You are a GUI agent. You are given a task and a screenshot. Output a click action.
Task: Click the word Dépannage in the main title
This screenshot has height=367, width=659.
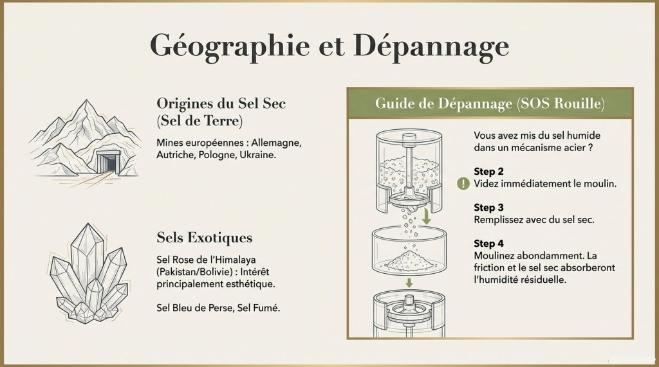(x=431, y=46)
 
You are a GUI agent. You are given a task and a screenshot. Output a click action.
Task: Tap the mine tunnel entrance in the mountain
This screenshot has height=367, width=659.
(x=109, y=161)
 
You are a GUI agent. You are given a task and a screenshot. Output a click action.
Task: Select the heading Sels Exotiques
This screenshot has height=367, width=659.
(x=204, y=238)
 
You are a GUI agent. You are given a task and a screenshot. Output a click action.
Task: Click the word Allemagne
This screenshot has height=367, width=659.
(x=276, y=143)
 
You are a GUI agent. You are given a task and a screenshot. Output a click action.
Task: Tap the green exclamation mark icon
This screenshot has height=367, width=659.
(x=463, y=184)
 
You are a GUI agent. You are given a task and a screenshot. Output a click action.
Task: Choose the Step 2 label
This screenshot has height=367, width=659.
(x=488, y=172)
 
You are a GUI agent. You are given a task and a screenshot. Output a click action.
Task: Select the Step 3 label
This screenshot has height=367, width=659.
(x=488, y=208)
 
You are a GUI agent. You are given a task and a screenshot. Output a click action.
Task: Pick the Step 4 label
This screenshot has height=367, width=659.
(x=488, y=244)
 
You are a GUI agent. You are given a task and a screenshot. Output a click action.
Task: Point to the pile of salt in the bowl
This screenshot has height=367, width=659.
(x=409, y=260)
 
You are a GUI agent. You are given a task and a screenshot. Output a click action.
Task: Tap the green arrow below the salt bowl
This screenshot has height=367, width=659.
(x=408, y=283)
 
